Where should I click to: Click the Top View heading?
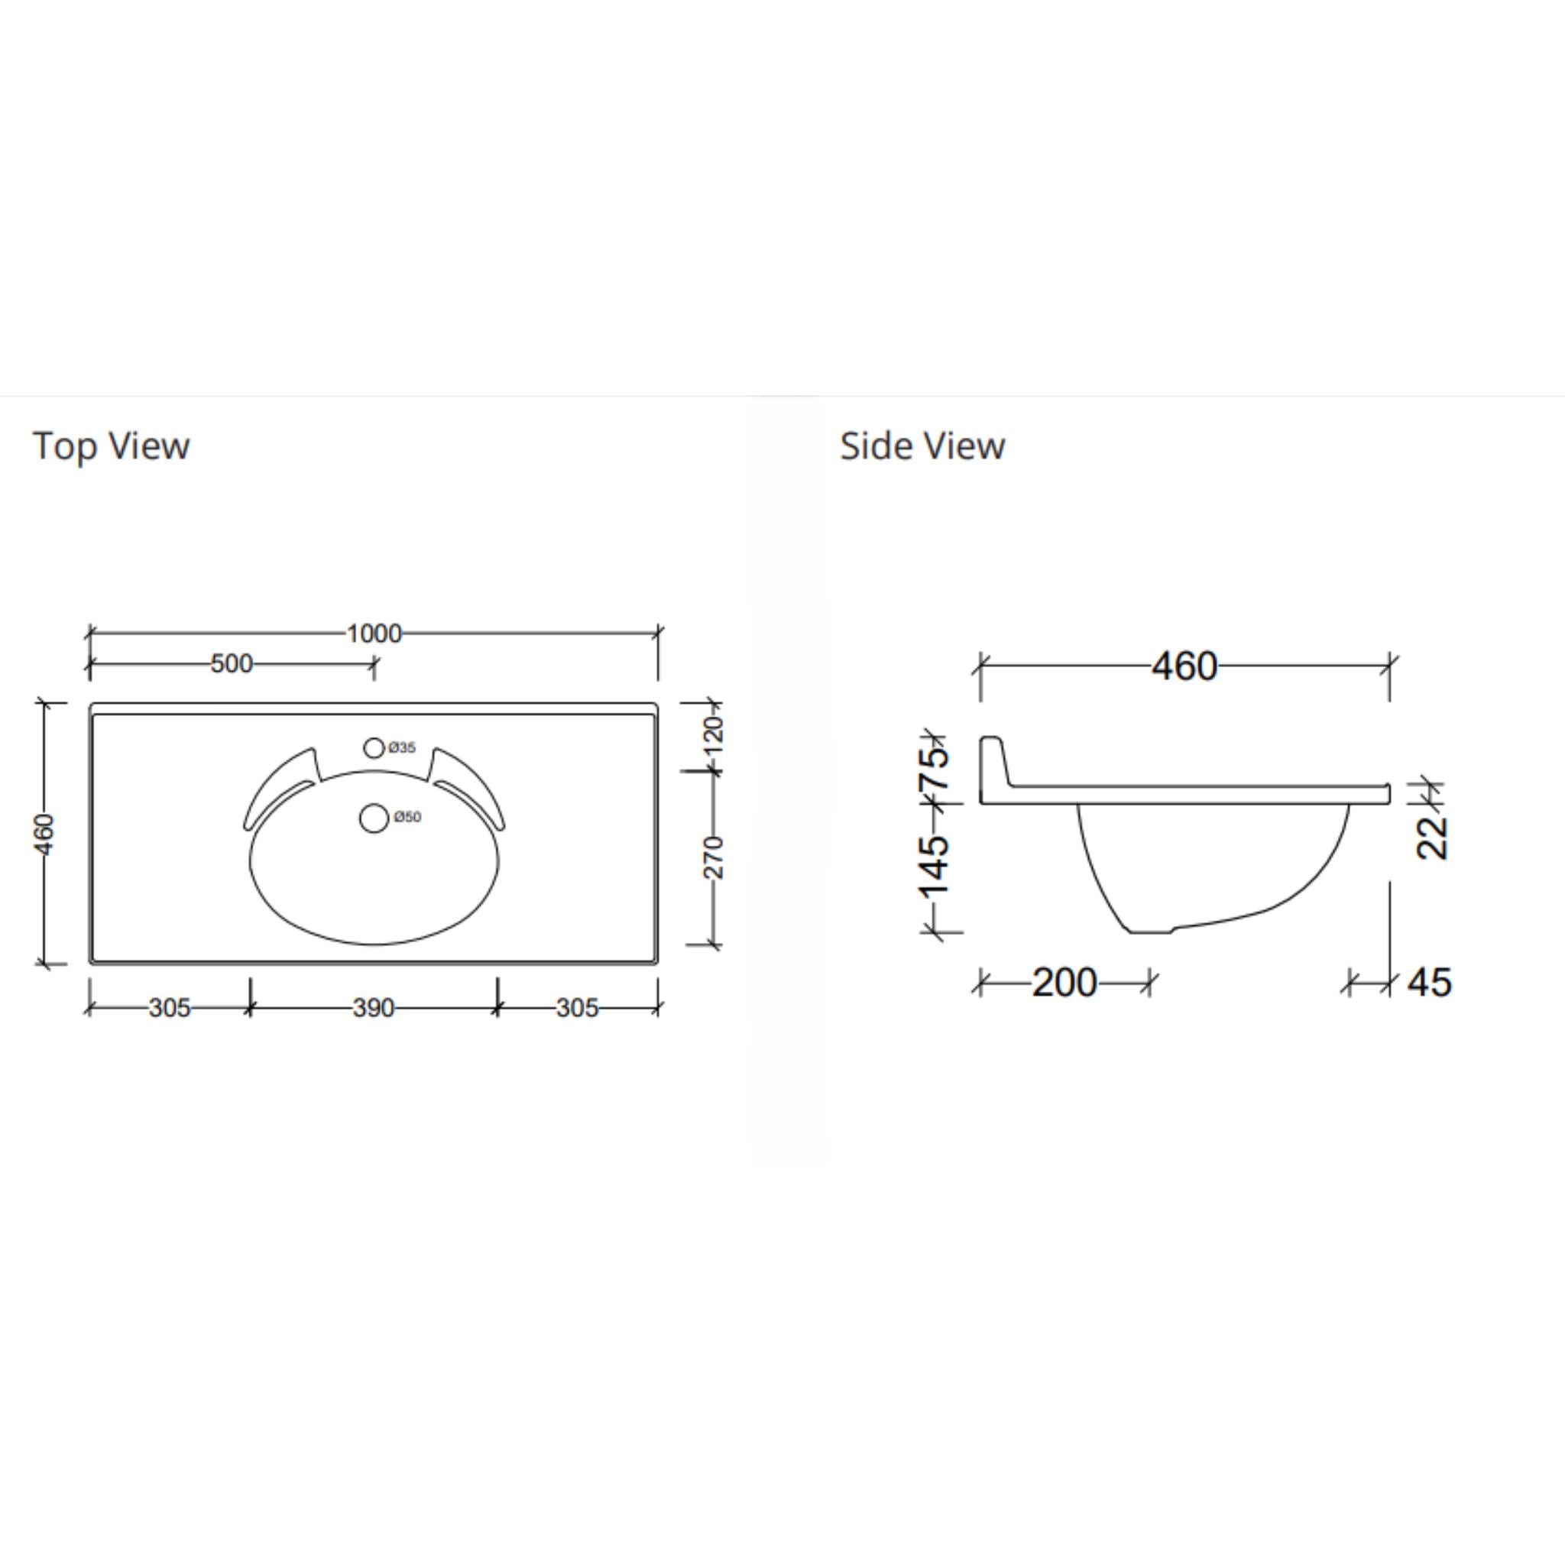coord(111,446)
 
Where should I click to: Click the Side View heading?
coord(922,446)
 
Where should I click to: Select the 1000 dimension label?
coord(374,633)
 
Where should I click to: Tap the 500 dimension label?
coord(232,664)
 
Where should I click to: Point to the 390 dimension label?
coord(374,1008)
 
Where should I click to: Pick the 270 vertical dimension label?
coord(714,857)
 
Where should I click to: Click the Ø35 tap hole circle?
coord(374,747)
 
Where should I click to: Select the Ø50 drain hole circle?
coord(374,818)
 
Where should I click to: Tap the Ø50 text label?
coord(407,818)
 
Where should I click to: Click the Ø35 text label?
coord(402,747)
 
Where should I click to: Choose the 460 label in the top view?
coord(45,834)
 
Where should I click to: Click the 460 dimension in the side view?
coord(1184,666)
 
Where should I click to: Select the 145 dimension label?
coord(934,865)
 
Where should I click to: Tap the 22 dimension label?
coord(1432,837)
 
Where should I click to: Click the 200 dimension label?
coord(1064,983)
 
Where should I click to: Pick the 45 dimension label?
coord(1429,983)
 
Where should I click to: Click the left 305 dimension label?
coord(170,1008)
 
